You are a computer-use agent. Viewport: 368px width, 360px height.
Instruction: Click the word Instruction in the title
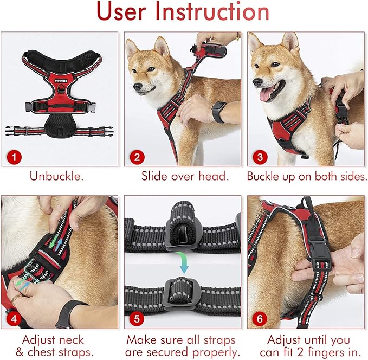point(212,12)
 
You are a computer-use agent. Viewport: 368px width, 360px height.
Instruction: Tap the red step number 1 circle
point(14,157)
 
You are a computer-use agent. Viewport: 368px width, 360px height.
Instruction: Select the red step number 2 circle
point(137,157)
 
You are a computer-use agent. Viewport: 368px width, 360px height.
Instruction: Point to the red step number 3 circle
point(260,157)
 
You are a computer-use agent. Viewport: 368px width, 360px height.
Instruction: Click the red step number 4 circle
point(14,319)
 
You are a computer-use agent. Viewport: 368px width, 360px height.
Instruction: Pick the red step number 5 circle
point(137,319)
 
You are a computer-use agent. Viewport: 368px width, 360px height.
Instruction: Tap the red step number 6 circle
point(260,319)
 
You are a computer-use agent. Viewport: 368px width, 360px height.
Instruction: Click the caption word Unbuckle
point(56,176)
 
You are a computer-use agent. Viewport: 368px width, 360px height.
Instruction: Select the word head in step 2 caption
point(214,176)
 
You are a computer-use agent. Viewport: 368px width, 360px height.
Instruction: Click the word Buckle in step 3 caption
point(263,176)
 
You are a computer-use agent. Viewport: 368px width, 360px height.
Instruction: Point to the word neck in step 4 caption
point(72,340)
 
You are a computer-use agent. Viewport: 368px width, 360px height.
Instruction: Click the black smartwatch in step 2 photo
point(218,112)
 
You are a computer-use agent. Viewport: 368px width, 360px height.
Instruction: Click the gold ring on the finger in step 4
point(15,299)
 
